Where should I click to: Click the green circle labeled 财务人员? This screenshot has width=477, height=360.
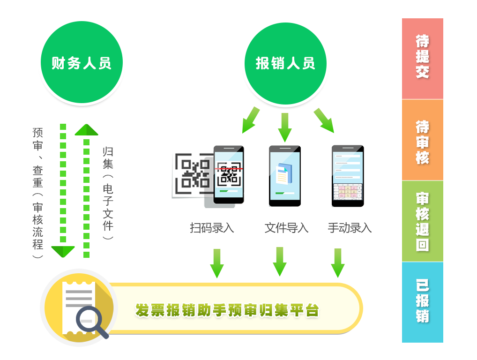click(82, 63)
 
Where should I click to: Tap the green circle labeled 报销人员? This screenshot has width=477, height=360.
click(285, 63)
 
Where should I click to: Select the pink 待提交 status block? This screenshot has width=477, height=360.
click(422, 58)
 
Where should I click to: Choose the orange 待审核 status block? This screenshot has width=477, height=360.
click(422, 140)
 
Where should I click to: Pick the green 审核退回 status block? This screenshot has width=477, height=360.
click(422, 221)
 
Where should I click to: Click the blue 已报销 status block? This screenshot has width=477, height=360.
click(422, 302)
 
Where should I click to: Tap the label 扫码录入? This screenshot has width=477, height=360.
click(212, 228)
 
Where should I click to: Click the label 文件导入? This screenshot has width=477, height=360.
click(286, 228)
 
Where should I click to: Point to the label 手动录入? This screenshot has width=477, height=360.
click(350, 228)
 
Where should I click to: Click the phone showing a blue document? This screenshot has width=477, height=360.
click(284, 176)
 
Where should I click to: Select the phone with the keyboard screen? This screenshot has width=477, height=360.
click(348, 176)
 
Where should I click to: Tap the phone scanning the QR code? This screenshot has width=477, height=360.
click(229, 174)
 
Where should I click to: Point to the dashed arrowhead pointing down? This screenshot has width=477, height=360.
click(63, 251)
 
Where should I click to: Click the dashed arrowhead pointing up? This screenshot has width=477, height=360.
click(86, 129)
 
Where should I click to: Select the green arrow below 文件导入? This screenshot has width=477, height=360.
click(280, 262)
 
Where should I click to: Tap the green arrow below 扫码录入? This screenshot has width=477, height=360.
click(216, 263)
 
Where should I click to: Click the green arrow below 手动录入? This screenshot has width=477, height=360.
click(338, 263)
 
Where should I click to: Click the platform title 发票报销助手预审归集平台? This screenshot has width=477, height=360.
click(227, 310)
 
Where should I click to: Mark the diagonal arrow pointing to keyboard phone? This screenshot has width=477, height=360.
click(324, 120)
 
